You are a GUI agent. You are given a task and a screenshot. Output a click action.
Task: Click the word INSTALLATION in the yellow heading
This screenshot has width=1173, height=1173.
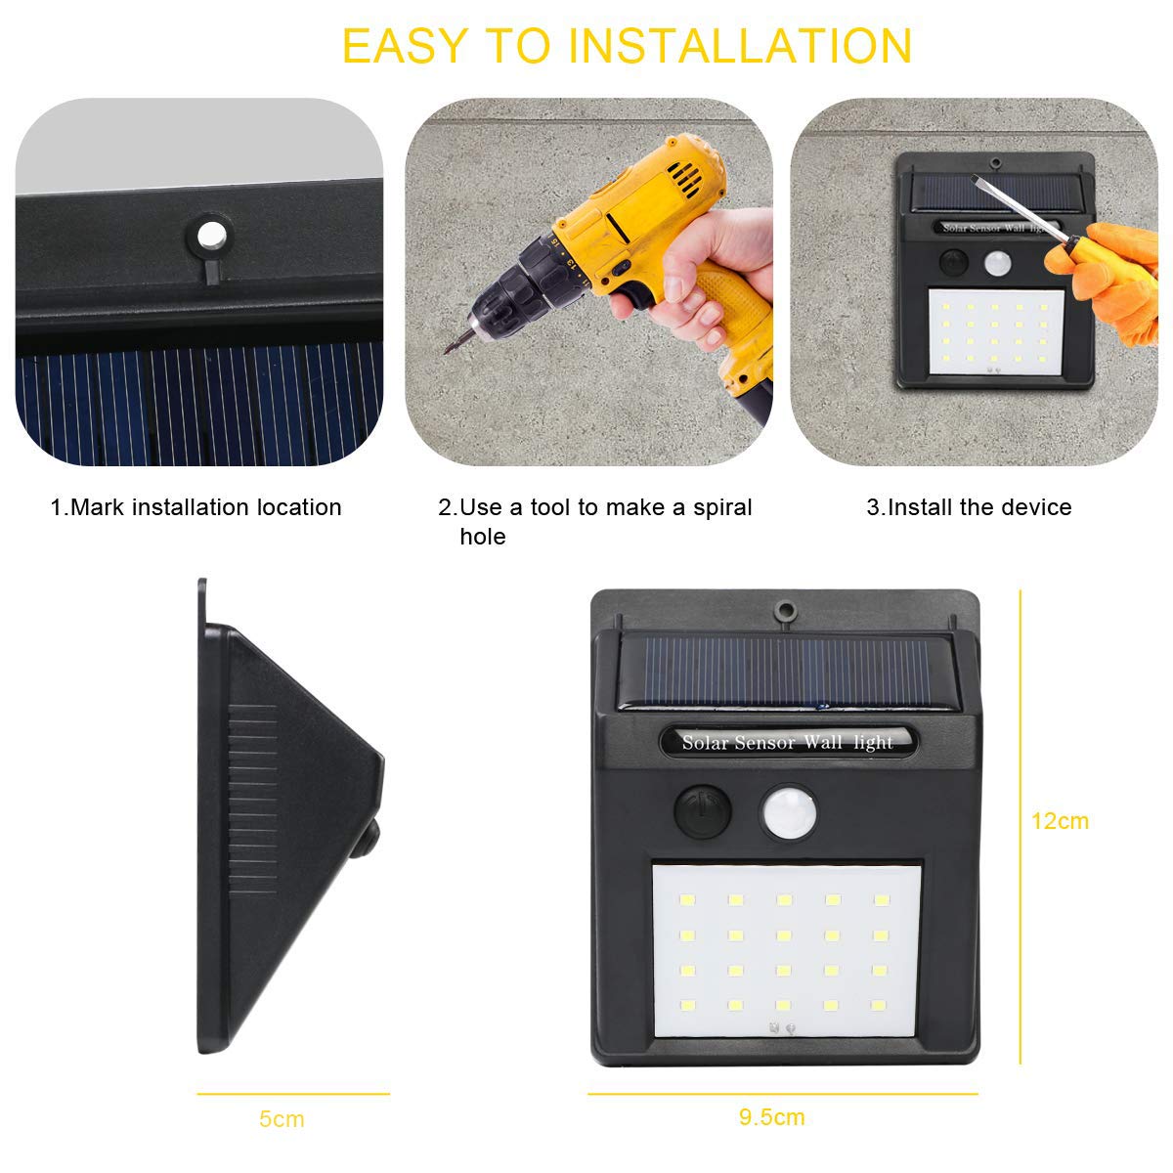pos(740,46)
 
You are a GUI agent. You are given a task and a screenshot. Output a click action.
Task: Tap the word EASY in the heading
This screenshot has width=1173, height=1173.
pos(405,46)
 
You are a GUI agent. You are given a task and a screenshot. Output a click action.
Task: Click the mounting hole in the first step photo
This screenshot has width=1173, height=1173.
pos(211,235)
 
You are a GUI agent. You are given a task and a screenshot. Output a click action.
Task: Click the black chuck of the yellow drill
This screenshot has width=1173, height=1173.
pos(517,286)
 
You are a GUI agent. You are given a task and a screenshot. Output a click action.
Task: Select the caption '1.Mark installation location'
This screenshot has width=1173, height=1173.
pos(196,507)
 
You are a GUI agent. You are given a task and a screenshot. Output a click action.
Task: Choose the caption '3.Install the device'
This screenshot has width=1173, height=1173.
pos(969,507)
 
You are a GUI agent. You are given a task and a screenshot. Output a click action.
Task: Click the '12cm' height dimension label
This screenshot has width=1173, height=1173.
pos(1060,821)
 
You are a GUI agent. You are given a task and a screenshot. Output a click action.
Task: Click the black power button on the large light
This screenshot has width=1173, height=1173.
pos(702,811)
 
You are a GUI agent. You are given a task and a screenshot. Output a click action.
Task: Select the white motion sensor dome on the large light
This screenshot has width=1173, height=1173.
pos(789,811)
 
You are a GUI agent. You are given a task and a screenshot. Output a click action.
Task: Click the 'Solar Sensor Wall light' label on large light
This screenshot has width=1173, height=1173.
pos(787,742)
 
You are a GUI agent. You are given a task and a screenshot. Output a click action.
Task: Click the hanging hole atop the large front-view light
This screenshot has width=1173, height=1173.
pos(785,609)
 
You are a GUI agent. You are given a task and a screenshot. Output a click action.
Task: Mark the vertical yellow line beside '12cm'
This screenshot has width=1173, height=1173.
pos(1021,827)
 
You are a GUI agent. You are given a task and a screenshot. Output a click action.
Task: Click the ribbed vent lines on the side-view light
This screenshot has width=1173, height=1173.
pos(252,798)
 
